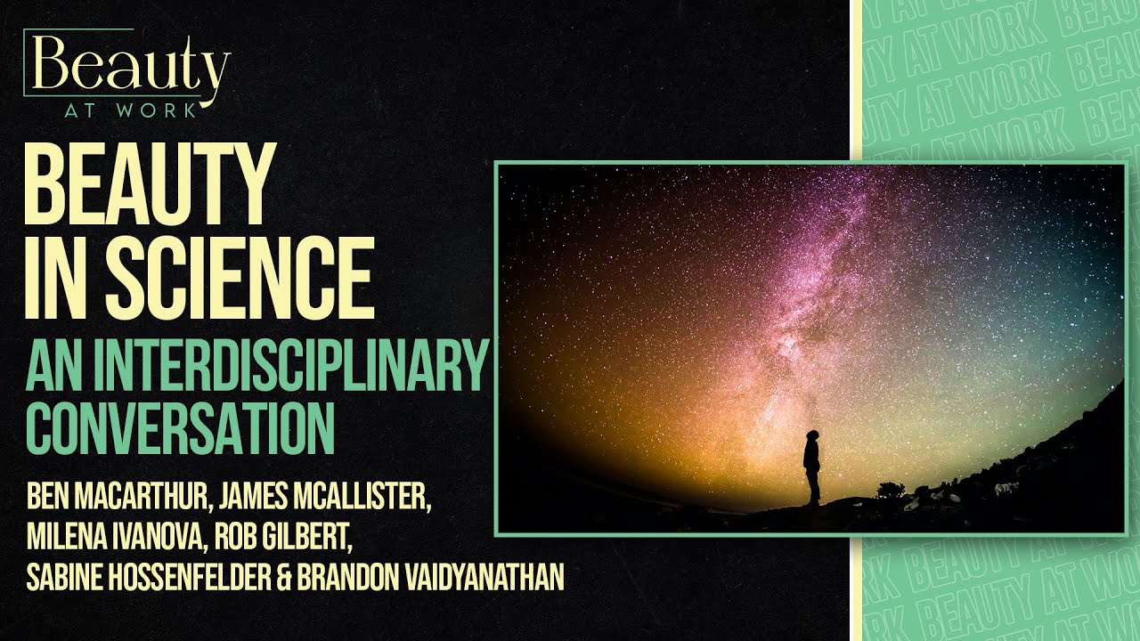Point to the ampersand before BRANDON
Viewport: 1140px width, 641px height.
(x=285, y=579)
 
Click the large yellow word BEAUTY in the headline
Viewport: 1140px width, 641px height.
(x=147, y=186)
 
